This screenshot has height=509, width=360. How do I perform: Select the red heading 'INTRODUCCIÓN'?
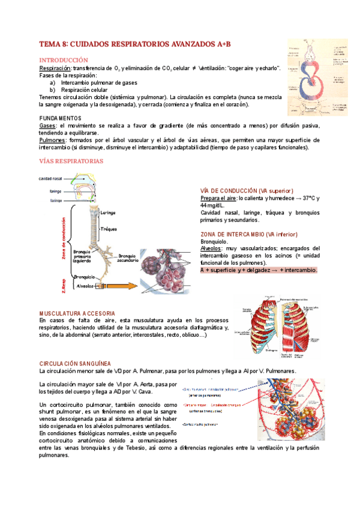pyautogui.click(x=63, y=61)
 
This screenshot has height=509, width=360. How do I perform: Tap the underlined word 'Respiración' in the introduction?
pyautogui.click(x=55, y=69)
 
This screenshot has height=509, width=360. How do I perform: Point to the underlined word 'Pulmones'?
pyautogui.click(x=52, y=140)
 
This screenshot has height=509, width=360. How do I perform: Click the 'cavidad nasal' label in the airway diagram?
pyautogui.click(x=50, y=179)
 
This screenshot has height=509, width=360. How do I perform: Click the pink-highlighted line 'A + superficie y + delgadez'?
pyautogui.click(x=259, y=270)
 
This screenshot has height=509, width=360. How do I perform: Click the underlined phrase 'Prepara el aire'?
pyautogui.click(x=218, y=198)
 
